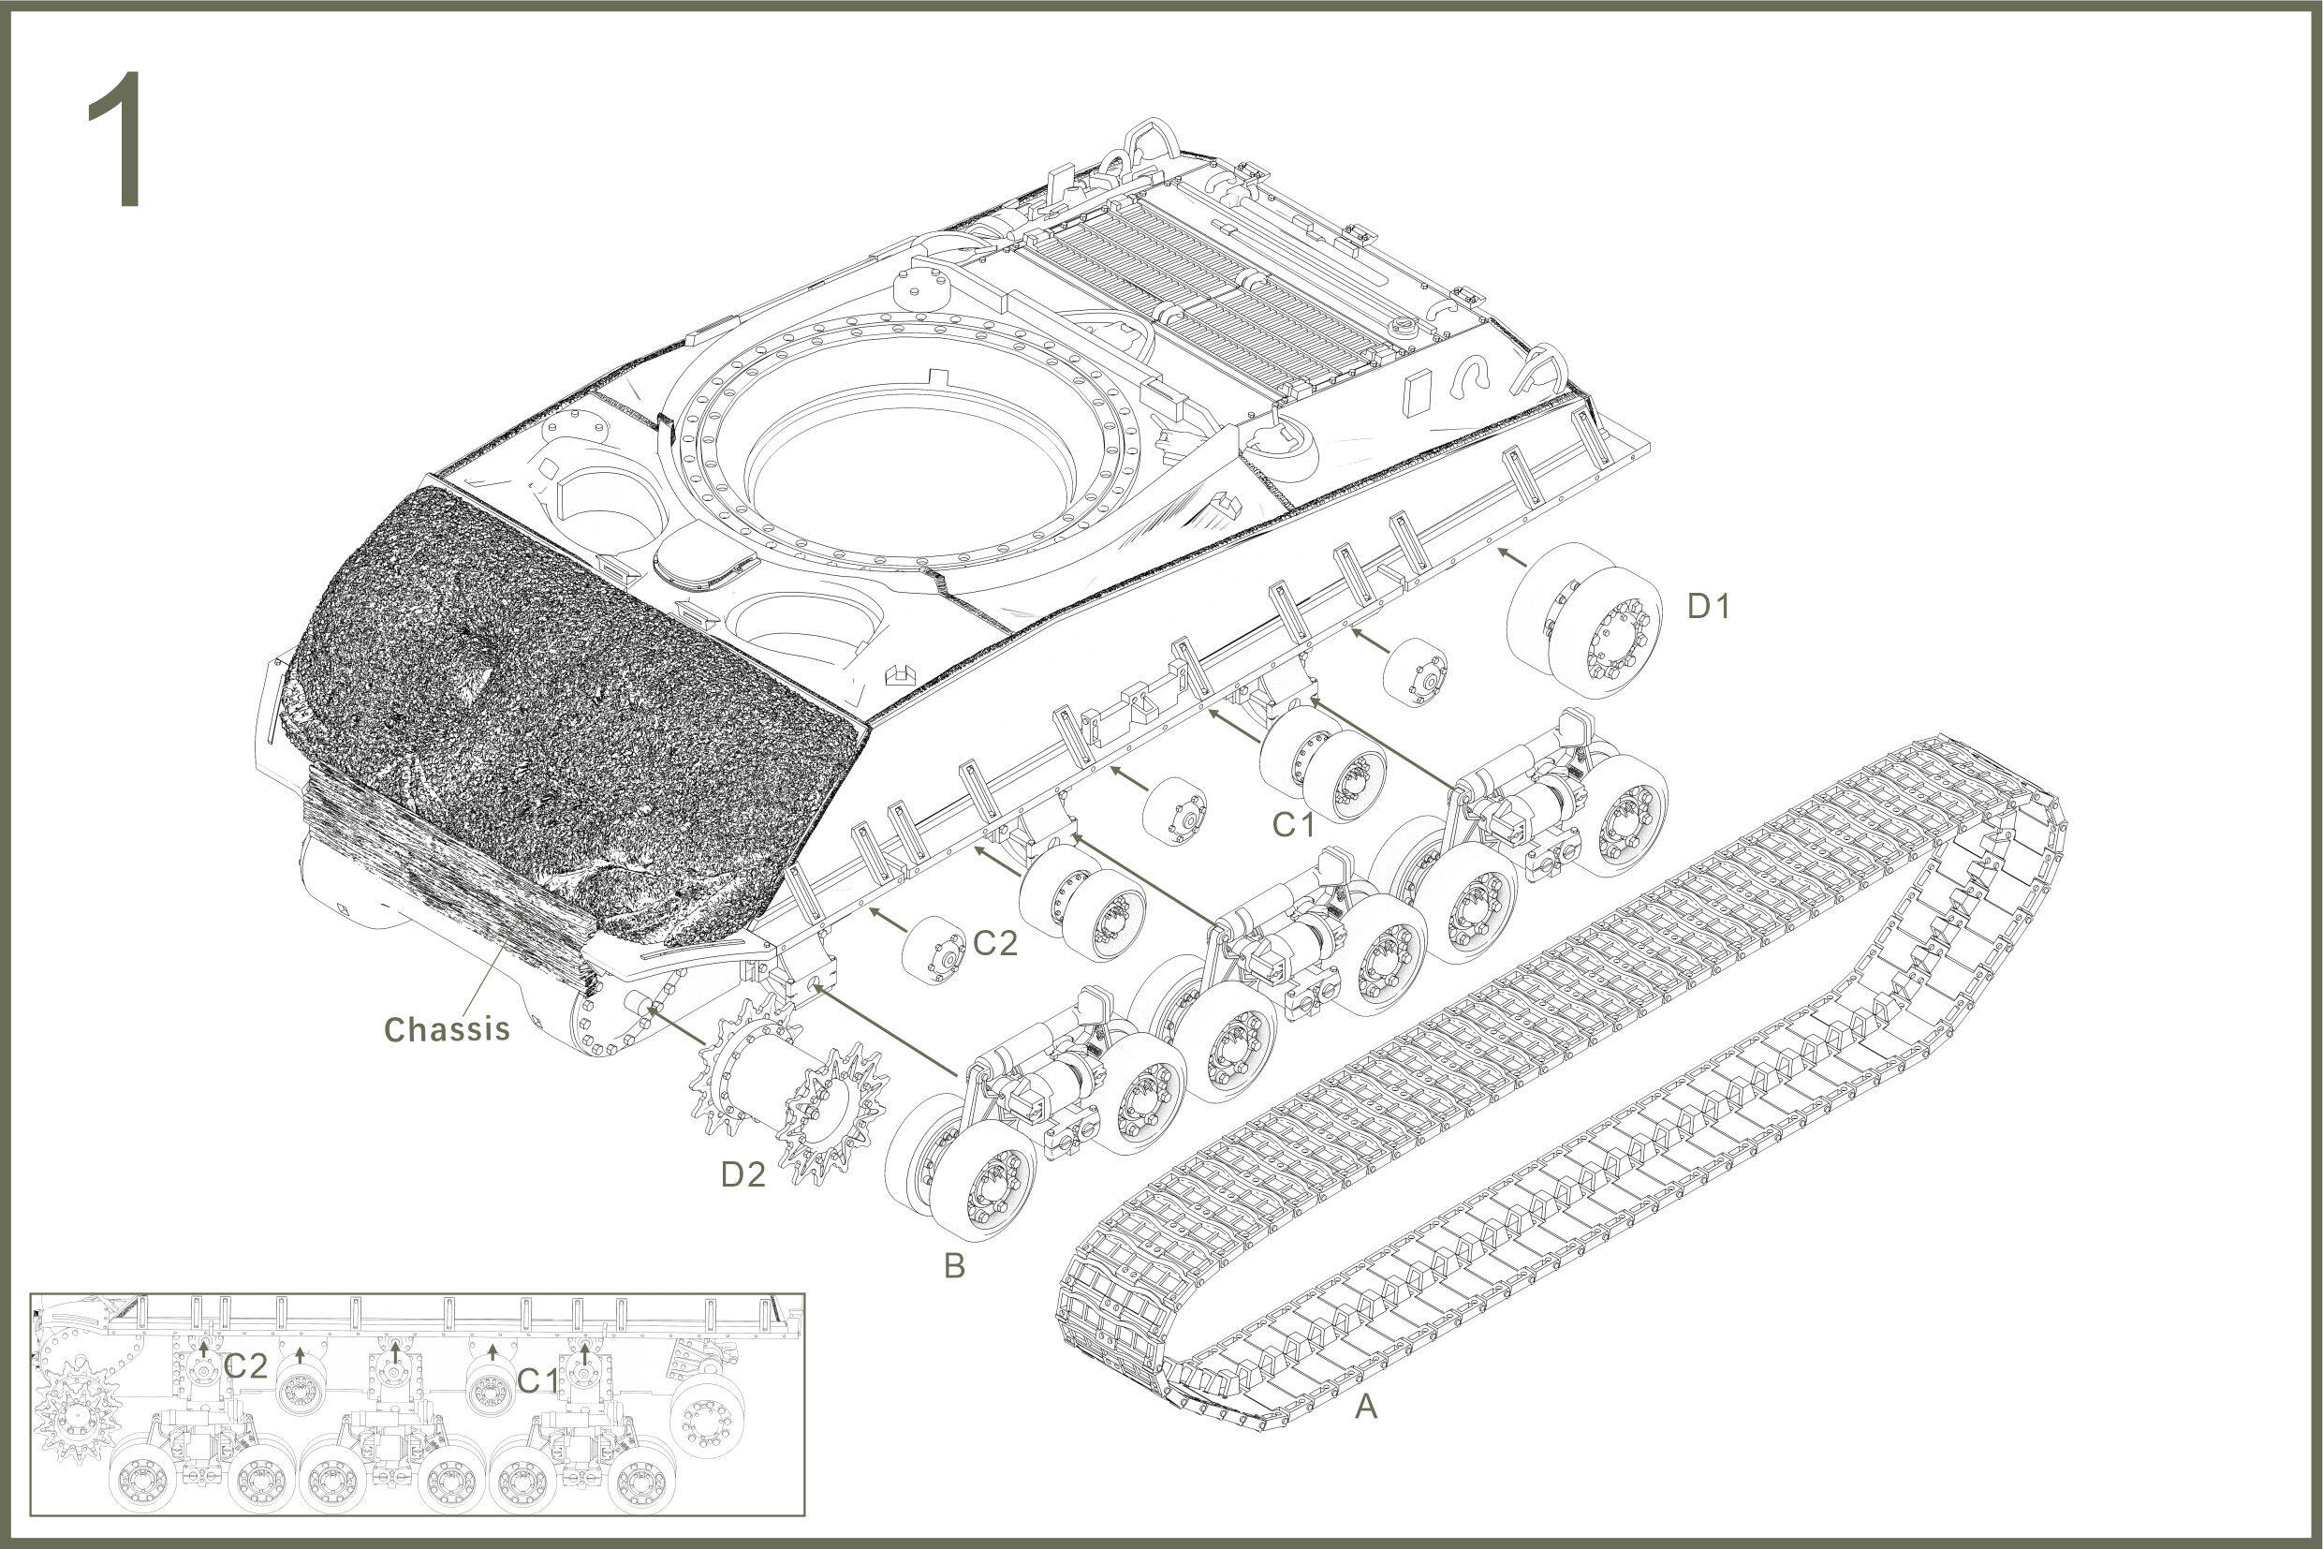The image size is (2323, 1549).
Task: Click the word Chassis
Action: (x=447, y=1029)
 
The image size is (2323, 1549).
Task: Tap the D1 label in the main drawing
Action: (x=1709, y=607)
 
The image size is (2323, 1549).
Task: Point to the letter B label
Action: (x=954, y=1266)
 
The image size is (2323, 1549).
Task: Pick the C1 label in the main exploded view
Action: (x=1294, y=825)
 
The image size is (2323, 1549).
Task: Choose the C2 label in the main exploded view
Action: (x=994, y=943)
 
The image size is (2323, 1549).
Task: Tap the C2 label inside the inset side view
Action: (x=245, y=1366)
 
